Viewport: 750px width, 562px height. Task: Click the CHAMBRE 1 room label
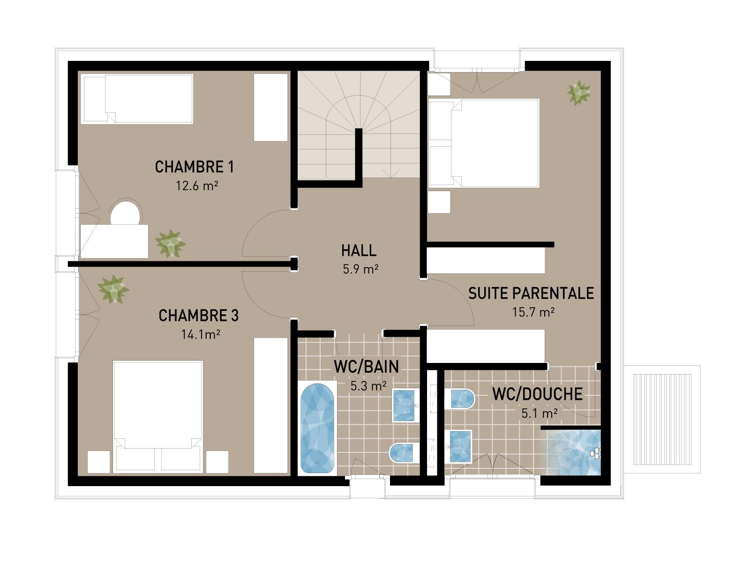point(194,167)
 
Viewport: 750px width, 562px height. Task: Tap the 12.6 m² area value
point(197,186)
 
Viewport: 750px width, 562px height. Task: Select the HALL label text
point(359,251)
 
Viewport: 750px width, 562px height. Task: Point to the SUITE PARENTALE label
point(531,294)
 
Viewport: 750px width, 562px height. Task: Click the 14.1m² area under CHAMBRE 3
point(201,334)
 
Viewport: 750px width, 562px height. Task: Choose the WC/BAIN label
point(366,367)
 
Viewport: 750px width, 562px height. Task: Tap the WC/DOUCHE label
point(537,394)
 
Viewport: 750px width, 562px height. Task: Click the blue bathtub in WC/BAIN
point(317,428)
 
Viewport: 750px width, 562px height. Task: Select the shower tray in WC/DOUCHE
point(573,451)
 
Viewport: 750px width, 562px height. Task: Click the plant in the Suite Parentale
point(579,93)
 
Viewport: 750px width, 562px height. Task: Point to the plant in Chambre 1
point(170,244)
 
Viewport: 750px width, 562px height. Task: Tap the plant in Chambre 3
point(113,289)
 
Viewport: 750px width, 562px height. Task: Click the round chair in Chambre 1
point(125,213)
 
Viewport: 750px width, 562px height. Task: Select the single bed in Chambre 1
point(137,99)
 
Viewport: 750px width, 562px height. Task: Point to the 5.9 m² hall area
point(360,269)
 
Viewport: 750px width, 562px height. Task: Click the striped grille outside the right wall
point(662,420)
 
